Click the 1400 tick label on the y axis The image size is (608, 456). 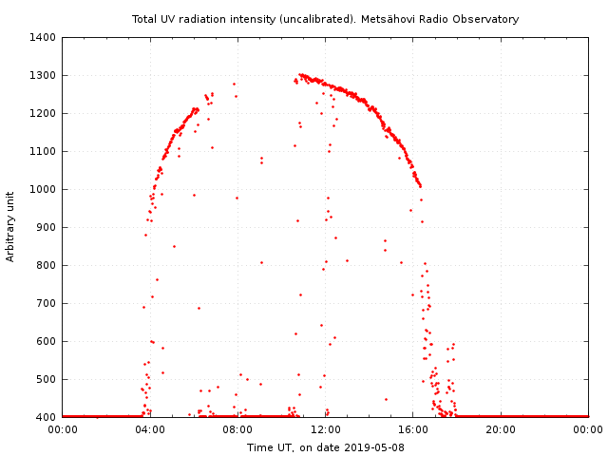pos(44,37)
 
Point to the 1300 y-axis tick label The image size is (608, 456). pos(44,75)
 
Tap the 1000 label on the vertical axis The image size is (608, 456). pos(44,189)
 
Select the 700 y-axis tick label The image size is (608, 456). pos(47,303)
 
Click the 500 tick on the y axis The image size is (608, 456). pos(47,379)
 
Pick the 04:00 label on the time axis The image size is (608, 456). pos(150,429)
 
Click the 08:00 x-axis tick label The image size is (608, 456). pos(237,429)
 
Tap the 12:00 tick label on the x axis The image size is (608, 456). pos(326,429)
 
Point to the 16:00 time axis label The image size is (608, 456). pos(413,429)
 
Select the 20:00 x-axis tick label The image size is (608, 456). pos(501,429)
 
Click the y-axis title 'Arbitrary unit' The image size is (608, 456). pos(10,226)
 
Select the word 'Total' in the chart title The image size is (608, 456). pos(144,19)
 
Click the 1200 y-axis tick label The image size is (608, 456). pos(44,113)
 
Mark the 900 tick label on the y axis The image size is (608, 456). pos(47,227)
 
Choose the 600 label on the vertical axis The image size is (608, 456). pos(47,341)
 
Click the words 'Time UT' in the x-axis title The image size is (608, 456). pos(270,447)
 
